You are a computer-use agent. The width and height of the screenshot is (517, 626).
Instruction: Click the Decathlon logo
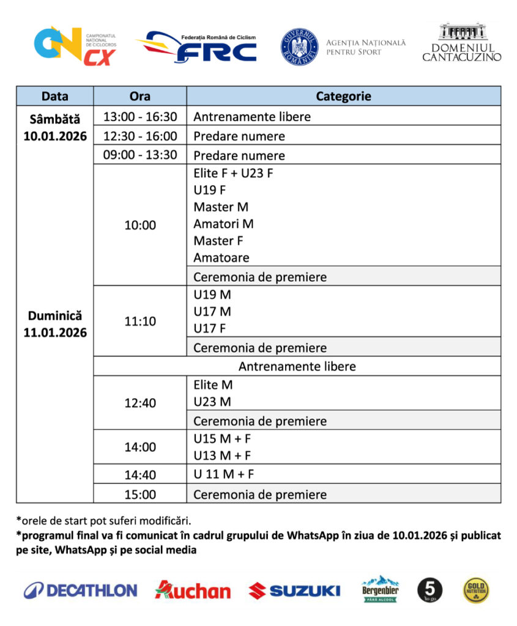pyautogui.click(x=80, y=591)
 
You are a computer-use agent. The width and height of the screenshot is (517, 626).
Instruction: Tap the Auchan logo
pyautogui.click(x=193, y=591)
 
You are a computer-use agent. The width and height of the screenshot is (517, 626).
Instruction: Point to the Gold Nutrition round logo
pyautogui.click(x=476, y=591)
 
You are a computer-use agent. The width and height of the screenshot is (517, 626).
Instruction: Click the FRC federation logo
pyautogui.click(x=198, y=47)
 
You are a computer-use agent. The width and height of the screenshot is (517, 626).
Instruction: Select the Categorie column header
pyautogui.click(x=343, y=96)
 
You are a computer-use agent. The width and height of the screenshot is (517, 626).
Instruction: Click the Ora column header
pyautogui.click(x=139, y=96)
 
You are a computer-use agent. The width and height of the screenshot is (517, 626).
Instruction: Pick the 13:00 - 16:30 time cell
pyautogui.click(x=139, y=116)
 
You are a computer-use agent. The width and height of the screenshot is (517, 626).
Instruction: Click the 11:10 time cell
pyautogui.click(x=139, y=320)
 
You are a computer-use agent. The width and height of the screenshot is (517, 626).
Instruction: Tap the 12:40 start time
pyautogui.click(x=139, y=403)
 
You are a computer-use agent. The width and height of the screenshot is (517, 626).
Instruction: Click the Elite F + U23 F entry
pyautogui.click(x=233, y=173)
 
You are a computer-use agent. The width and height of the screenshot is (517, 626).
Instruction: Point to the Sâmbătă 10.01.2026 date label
pyautogui.click(x=55, y=127)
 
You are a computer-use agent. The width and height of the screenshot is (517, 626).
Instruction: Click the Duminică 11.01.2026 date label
pyautogui.click(x=55, y=324)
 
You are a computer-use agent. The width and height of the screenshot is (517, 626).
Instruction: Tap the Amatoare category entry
pyautogui.click(x=221, y=257)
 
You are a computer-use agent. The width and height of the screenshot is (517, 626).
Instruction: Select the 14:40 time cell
pyautogui.click(x=139, y=475)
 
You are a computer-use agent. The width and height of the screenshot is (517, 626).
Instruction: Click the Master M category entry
pyautogui.click(x=221, y=207)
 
